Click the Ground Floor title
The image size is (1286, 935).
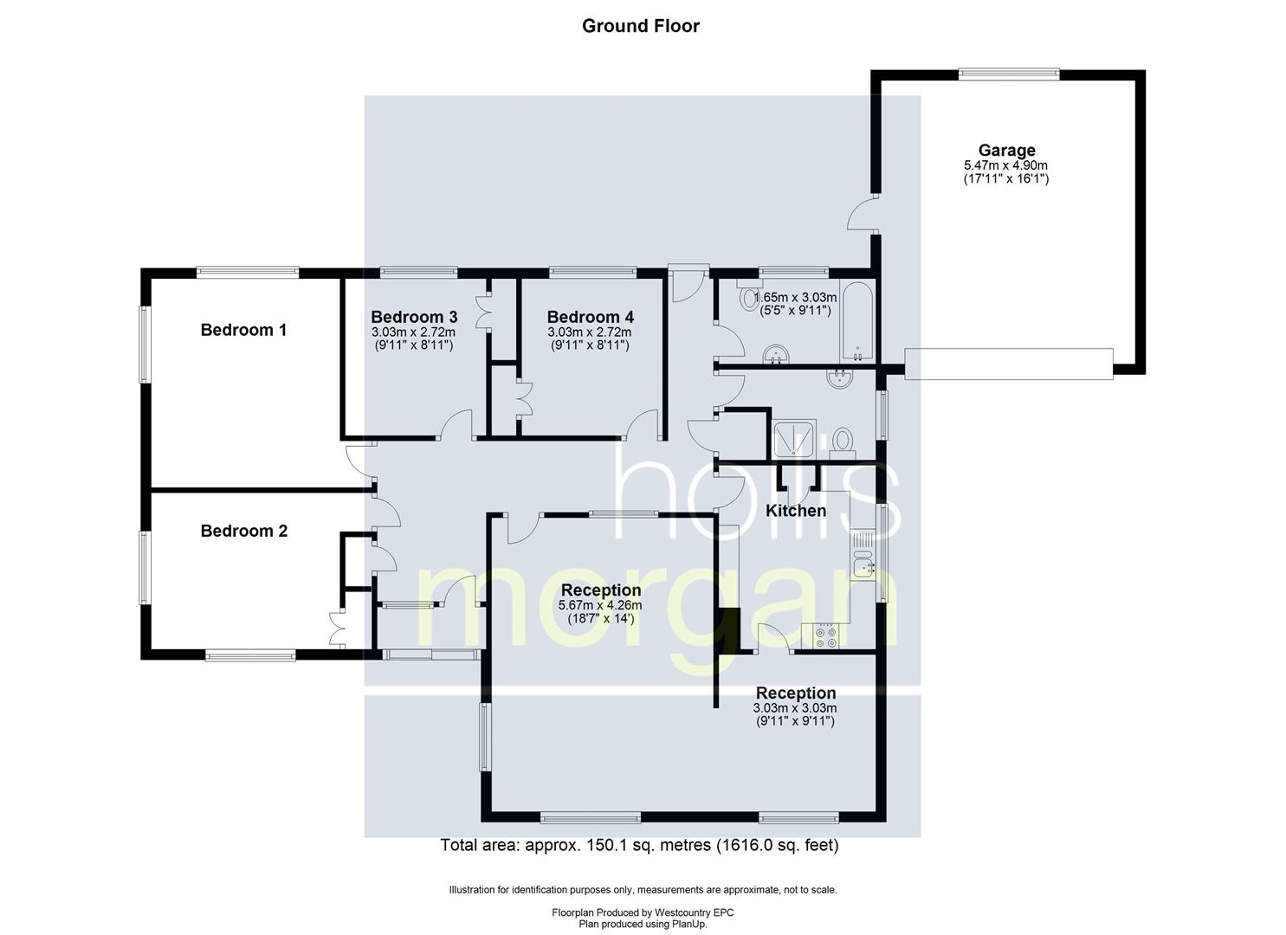(640, 26)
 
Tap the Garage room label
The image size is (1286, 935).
(1006, 151)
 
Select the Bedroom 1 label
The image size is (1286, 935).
(243, 330)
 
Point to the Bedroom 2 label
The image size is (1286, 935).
(243, 531)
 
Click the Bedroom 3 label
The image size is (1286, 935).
(414, 317)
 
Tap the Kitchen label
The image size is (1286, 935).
(796, 511)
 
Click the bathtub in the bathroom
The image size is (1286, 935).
(856, 320)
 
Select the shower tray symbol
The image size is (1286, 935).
(789, 439)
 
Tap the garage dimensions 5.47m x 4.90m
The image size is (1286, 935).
(1006, 165)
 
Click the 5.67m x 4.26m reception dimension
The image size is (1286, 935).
(600, 606)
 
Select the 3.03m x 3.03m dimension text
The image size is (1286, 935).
(795, 708)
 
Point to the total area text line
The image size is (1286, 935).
(639, 846)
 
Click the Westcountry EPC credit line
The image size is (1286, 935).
(643, 912)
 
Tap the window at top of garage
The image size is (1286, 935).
(1008, 75)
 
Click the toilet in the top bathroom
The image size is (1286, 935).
(749, 298)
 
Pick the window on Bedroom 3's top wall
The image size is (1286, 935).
(418, 272)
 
